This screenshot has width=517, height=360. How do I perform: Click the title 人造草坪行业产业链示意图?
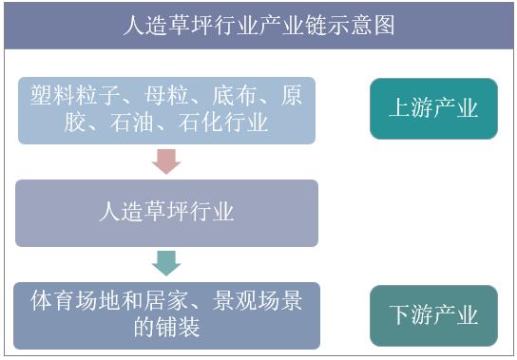tap(258, 26)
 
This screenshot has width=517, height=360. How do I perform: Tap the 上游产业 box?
tap(433, 108)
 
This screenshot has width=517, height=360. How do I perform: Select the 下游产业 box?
tap(433, 315)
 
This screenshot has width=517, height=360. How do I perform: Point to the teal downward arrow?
tap(166, 262)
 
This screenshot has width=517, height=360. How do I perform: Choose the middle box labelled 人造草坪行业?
tap(166, 211)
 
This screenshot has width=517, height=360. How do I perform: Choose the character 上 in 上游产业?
tap(400, 108)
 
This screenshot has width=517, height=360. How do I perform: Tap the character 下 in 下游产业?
tap(400, 315)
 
